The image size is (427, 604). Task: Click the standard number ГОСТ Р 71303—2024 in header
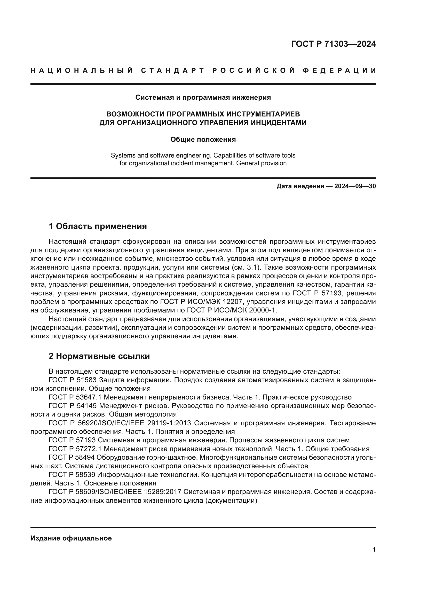point(333,44)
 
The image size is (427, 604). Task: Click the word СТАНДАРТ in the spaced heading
point(173,70)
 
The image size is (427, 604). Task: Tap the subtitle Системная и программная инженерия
point(203,97)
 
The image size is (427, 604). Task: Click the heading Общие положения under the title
point(203,139)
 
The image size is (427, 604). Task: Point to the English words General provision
point(261,163)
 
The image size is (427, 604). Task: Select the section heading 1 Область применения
point(98,226)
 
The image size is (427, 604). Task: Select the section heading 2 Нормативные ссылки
point(99,356)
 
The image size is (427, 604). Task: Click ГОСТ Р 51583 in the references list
point(73,380)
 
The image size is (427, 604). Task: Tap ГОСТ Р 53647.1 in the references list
point(75,397)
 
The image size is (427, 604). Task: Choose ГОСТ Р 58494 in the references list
point(73,457)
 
